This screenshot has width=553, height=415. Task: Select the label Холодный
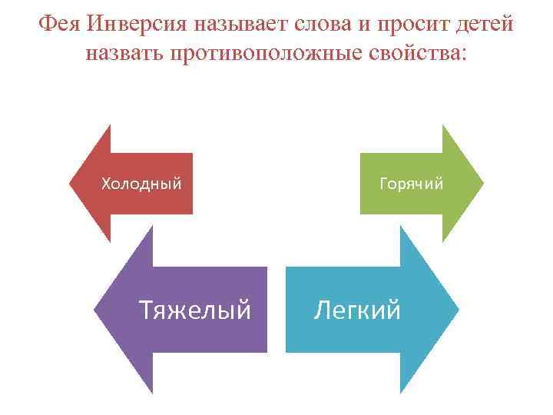[142, 184]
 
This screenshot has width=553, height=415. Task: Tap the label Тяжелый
[194, 310]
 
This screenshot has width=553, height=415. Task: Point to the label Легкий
[357, 310]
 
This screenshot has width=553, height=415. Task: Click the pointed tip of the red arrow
[71, 184]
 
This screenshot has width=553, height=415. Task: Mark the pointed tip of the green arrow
[483, 184]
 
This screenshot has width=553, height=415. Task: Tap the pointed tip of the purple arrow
[94, 310]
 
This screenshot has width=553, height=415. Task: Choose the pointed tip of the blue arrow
[458, 310]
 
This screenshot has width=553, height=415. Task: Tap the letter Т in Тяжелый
[145, 310]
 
